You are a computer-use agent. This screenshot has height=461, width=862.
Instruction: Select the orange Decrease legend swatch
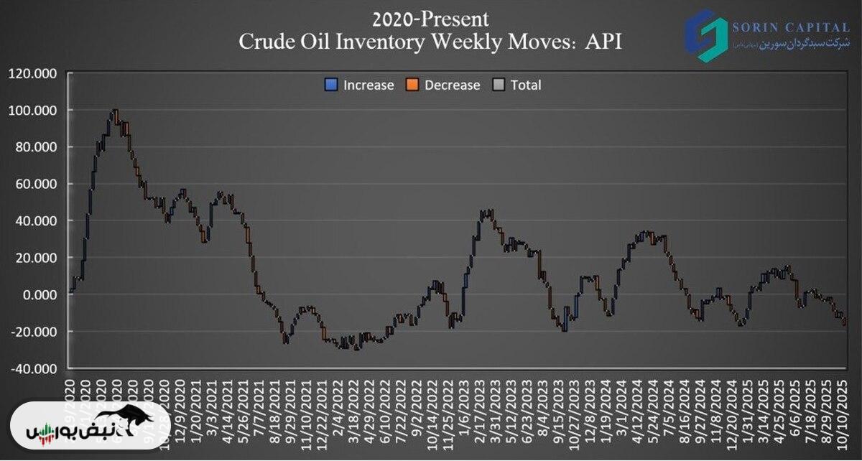pyautogui.click(x=412, y=85)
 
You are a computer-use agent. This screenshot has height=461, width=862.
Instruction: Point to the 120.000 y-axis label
pyautogui.click(x=34, y=73)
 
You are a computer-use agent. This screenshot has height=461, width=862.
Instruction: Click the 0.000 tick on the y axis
pyautogui.click(x=40, y=294)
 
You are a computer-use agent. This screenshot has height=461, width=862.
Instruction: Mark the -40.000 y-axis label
pyautogui.click(x=34, y=368)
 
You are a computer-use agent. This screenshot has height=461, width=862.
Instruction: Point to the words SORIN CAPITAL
pyautogui.click(x=789, y=27)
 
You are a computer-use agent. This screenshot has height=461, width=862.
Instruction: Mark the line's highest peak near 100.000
pyautogui.click(x=114, y=111)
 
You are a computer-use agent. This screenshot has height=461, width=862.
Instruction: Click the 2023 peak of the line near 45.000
pyautogui.click(x=486, y=212)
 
